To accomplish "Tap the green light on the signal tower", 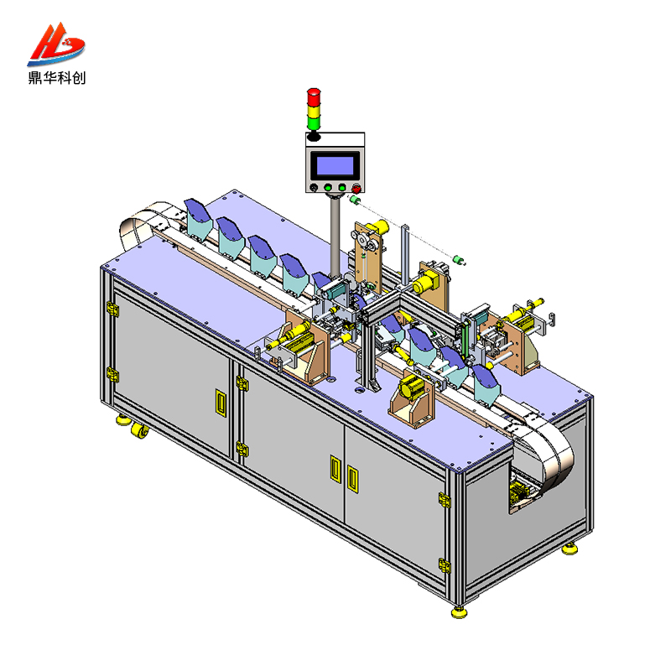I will (x=314, y=123).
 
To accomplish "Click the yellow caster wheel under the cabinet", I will (x=138, y=431).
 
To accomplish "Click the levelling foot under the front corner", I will (x=459, y=611).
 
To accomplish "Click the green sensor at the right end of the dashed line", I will (x=459, y=259).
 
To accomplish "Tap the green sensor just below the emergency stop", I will (x=354, y=201).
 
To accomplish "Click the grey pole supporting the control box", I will (x=334, y=235).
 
